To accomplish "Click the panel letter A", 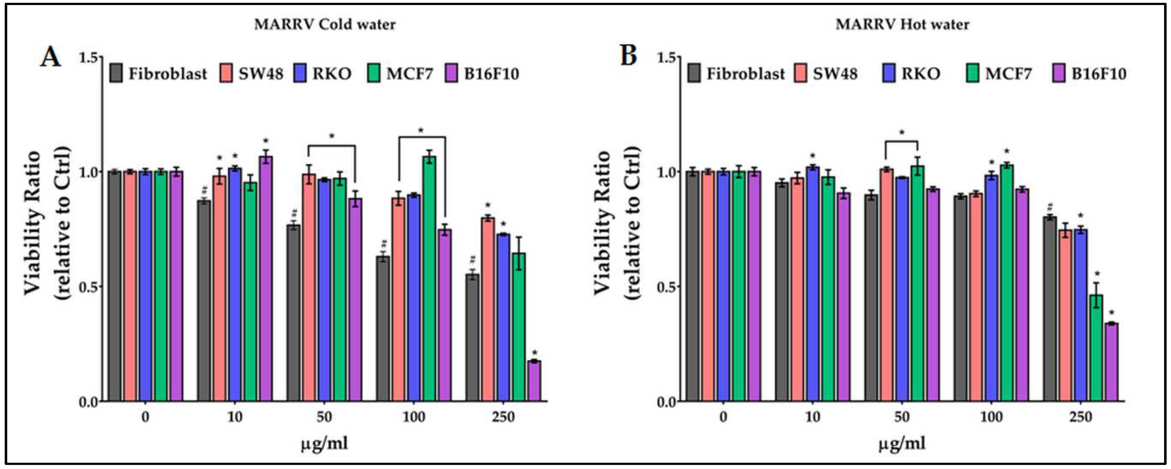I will coord(51,58).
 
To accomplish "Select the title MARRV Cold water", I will coord(325,24).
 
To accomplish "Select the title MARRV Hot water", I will coord(902,24).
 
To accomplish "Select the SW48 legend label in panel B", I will coord(836,73).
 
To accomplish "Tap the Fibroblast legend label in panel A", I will coord(167,73).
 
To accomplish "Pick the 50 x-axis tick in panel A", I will coord(325,417).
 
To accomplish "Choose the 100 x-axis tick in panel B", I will coord(991,417).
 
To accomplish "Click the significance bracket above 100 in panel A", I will coord(422,137).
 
